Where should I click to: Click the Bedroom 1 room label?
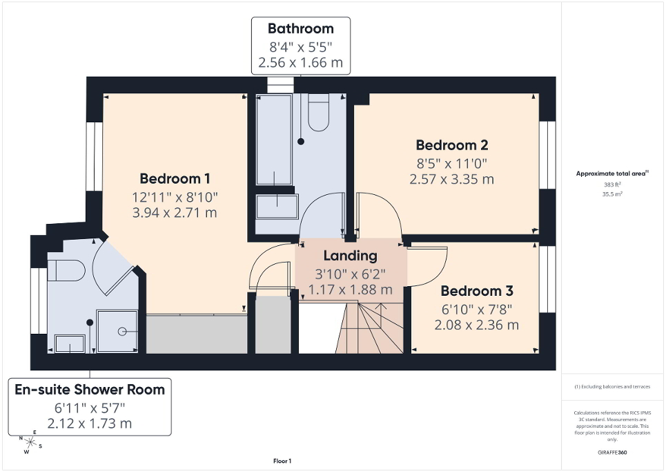(175, 178)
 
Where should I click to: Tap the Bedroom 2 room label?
(452, 145)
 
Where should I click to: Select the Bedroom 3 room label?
(477, 291)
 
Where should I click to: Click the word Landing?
(351, 256)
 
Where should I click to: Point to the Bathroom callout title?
(300, 29)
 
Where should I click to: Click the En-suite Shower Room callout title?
(90, 390)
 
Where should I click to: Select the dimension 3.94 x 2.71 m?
(175, 213)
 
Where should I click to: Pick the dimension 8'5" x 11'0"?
(452, 164)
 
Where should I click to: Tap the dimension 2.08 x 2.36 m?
(477, 324)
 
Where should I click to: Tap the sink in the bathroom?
(277, 205)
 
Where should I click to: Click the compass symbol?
(30, 441)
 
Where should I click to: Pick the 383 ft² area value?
(612, 185)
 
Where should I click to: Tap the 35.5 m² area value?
(612, 194)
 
